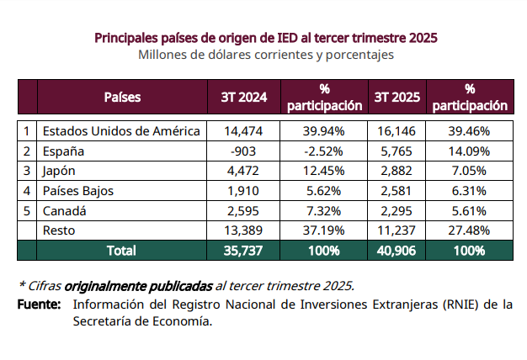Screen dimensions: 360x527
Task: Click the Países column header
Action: (x=122, y=97)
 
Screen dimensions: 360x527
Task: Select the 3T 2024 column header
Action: (x=243, y=97)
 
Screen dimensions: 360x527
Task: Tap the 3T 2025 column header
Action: (x=397, y=97)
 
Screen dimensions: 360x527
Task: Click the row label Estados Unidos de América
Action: (x=121, y=131)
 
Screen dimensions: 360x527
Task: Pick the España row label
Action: (x=64, y=151)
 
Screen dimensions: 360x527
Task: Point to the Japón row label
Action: (x=61, y=171)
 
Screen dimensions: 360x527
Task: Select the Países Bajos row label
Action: (x=77, y=191)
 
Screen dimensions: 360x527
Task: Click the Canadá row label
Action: (x=65, y=210)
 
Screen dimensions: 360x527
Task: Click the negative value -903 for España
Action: (x=243, y=151)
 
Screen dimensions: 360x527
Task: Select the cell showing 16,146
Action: (x=397, y=131)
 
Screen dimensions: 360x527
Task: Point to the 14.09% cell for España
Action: (x=469, y=151)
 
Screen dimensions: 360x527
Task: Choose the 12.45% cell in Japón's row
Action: (x=324, y=171)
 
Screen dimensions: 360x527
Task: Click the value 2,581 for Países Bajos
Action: (x=397, y=191)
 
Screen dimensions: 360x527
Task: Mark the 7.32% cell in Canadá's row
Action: (x=324, y=210)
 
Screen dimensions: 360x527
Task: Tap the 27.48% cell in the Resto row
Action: (x=469, y=230)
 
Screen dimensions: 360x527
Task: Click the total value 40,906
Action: (x=397, y=251)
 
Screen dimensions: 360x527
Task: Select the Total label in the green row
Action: (x=121, y=251)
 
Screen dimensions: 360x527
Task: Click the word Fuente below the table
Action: (x=39, y=304)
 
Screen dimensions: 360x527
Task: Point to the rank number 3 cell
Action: (x=27, y=171)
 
